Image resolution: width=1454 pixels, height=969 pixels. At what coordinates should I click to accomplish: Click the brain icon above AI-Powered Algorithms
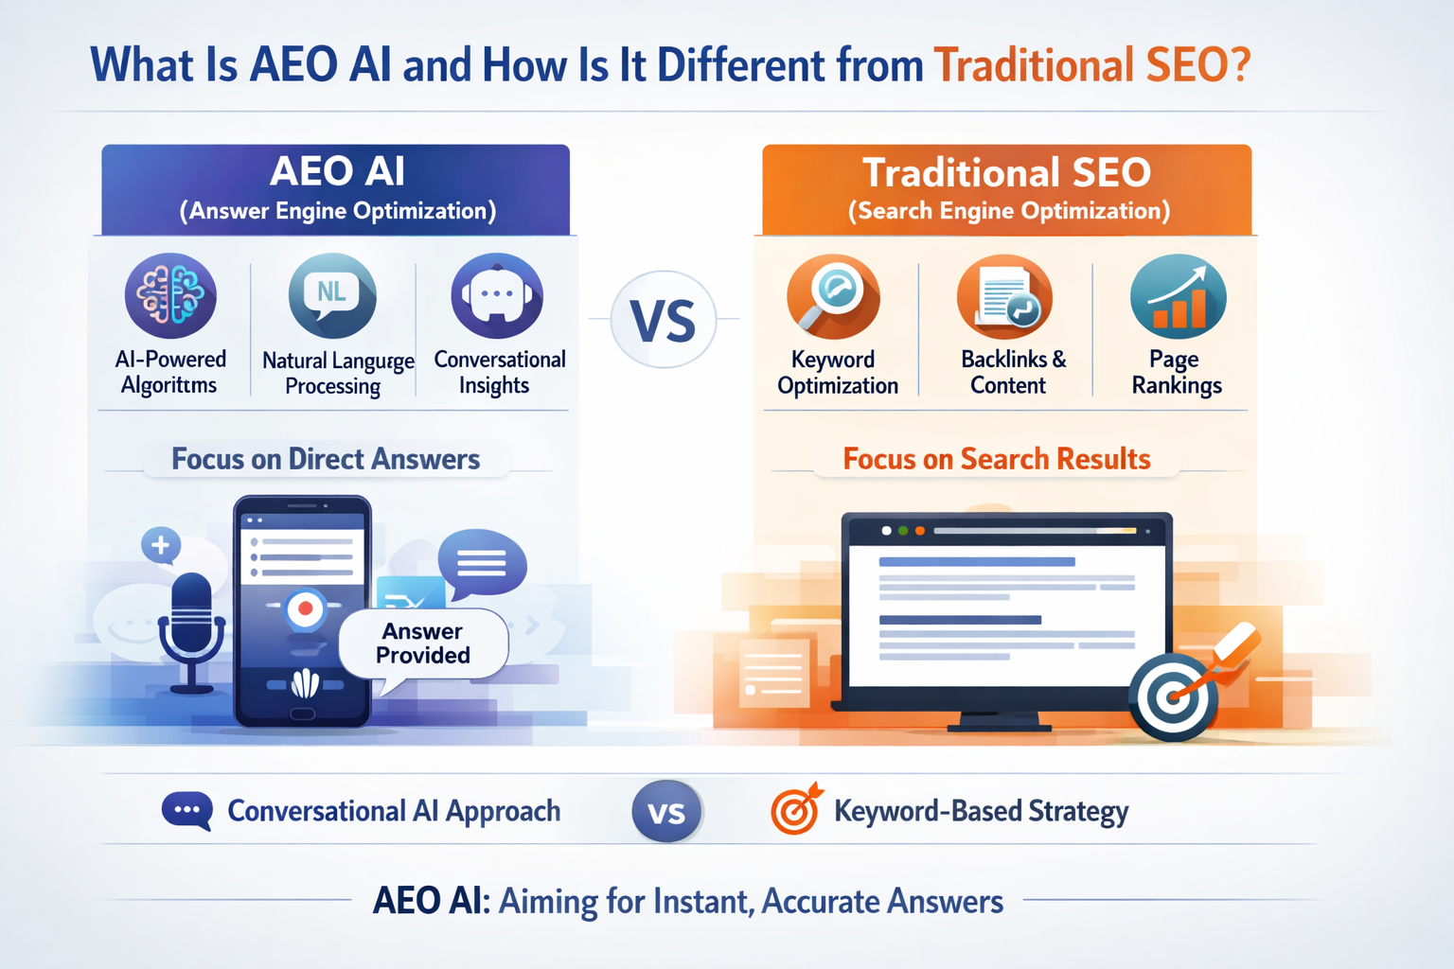(170, 295)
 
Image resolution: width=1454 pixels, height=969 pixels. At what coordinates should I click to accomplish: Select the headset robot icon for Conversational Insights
(497, 295)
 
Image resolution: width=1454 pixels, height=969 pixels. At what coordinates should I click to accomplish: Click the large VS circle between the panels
(664, 320)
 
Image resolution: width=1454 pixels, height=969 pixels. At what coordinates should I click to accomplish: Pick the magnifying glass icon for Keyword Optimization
(833, 295)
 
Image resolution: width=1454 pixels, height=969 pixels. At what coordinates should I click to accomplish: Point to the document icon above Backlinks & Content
(1004, 295)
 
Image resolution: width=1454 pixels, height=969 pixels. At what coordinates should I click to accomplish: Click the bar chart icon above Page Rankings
(1178, 295)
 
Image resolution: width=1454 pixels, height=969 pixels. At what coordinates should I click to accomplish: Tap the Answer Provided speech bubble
(423, 643)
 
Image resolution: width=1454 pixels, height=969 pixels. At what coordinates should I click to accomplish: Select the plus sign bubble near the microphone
(161, 545)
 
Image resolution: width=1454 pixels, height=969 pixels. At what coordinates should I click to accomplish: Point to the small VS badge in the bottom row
(666, 812)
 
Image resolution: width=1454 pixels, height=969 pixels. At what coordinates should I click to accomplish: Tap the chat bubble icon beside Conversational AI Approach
(186, 811)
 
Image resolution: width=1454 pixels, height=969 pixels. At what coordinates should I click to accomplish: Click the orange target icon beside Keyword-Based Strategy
(795, 811)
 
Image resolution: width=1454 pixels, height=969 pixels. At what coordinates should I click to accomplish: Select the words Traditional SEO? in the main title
(1092, 65)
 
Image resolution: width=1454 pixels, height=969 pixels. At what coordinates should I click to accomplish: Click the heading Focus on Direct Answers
(326, 459)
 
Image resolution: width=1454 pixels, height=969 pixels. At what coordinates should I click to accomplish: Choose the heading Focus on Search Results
(997, 459)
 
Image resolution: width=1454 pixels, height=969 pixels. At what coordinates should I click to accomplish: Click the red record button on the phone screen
(305, 608)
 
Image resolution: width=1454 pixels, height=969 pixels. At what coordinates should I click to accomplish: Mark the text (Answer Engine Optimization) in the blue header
(338, 211)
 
